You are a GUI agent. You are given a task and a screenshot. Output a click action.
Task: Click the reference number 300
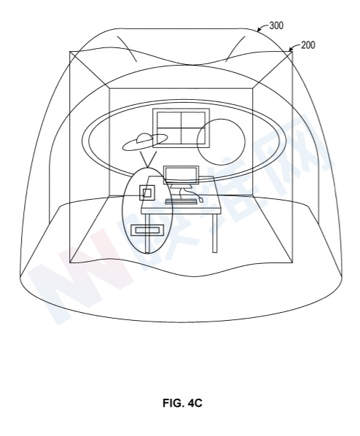[276, 26]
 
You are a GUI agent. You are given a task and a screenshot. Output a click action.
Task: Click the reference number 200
[308, 45]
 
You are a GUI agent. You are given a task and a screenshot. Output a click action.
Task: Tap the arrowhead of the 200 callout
[291, 50]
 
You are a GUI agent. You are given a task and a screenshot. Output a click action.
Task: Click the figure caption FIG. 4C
[182, 402]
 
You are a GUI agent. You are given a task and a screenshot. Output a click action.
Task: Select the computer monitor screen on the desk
[181, 175]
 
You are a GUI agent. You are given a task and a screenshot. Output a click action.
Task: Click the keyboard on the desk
[181, 201]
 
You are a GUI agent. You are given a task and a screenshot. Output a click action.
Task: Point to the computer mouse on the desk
[201, 199]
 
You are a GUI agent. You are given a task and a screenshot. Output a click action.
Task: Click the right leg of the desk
[214, 233]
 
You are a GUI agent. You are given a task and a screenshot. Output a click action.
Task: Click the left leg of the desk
[147, 233]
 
